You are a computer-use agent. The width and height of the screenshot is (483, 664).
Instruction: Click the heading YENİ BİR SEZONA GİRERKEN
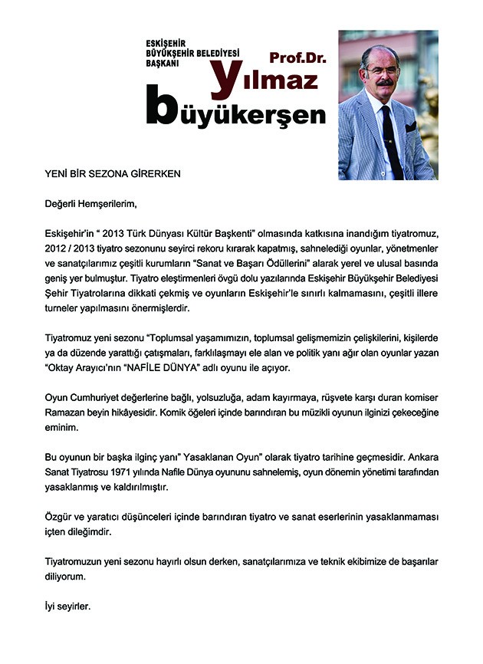click(113, 174)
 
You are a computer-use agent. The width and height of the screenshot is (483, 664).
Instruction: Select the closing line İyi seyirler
click(67, 606)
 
